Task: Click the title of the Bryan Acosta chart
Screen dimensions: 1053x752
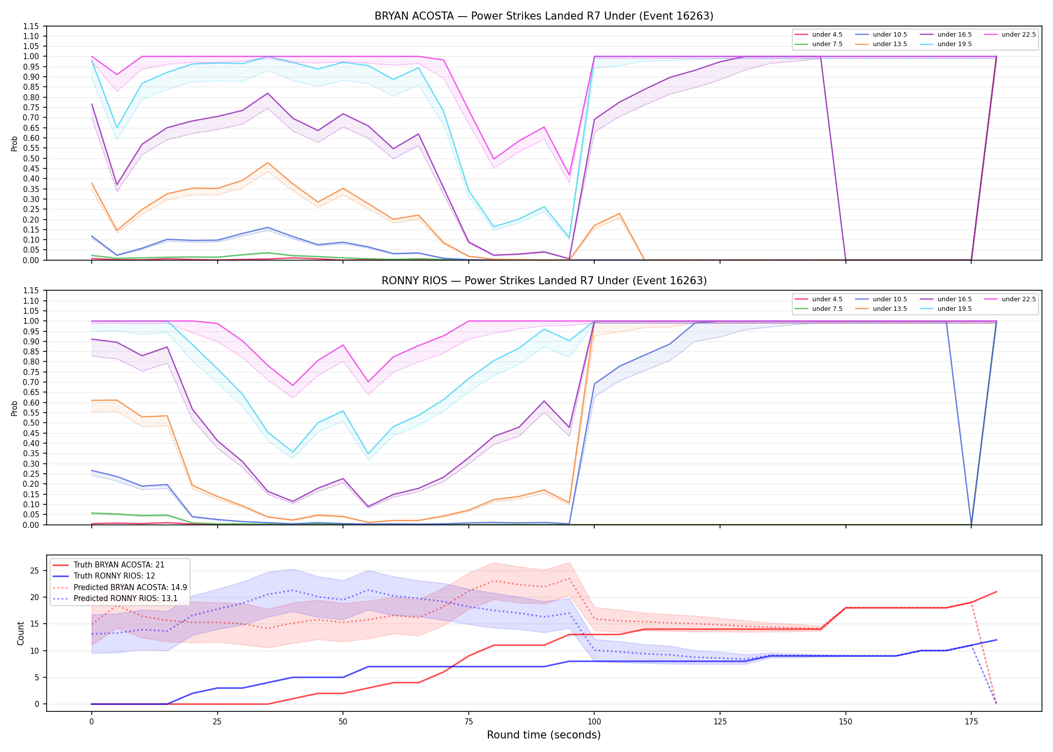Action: tap(544, 16)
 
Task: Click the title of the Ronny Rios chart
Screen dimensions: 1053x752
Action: tap(544, 281)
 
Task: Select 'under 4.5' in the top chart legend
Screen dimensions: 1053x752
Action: tap(827, 35)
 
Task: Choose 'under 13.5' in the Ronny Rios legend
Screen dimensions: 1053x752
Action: tap(890, 309)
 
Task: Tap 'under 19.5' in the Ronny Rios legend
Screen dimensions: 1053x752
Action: tap(955, 309)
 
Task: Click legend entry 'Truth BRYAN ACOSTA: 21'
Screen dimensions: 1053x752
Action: tap(119, 565)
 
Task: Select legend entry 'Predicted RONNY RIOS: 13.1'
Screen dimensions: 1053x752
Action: tap(125, 598)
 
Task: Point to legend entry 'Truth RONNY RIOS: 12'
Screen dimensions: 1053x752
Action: tap(114, 576)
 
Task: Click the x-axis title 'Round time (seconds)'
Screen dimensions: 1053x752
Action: tap(544, 735)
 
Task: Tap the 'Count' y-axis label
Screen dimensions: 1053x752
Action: tap(21, 633)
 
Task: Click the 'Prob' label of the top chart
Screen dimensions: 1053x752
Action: tap(15, 143)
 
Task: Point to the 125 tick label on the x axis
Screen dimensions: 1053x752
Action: tap(720, 722)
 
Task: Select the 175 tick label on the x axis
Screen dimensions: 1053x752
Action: tap(971, 722)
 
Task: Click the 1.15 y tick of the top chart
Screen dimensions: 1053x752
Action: tap(31, 26)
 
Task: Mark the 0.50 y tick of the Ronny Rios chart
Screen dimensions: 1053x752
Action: tap(31, 423)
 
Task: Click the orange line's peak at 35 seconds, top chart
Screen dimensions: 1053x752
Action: tap(268, 163)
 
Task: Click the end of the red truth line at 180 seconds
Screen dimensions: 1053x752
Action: tap(996, 592)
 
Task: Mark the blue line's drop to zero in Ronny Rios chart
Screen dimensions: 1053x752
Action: tap(971, 524)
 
